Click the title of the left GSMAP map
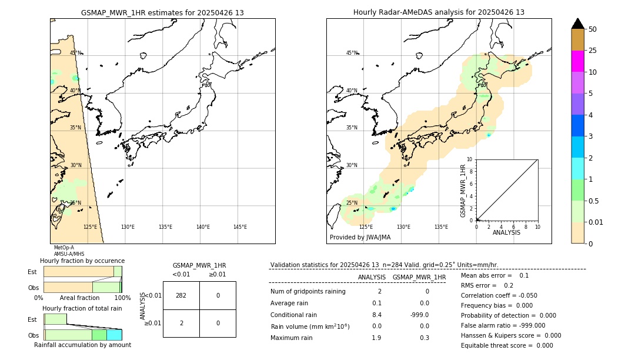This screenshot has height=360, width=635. (162, 12)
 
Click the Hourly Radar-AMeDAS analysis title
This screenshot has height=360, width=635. (439, 12)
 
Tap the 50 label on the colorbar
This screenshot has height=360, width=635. (593, 29)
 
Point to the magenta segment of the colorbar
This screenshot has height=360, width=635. (577, 61)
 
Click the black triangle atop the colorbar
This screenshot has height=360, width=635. (577, 24)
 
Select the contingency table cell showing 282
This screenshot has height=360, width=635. (181, 295)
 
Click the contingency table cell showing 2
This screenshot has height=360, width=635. (181, 323)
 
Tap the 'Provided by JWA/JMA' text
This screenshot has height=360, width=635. (360, 238)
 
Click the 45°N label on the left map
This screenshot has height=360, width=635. (76, 53)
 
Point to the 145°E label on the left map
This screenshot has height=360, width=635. (240, 227)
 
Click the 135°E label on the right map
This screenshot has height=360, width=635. (441, 227)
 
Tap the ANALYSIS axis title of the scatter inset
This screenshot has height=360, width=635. (506, 232)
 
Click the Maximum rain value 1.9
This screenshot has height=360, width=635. (376, 338)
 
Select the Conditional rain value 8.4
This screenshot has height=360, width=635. (376, 315)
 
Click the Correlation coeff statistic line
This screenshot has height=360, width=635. (499, 295)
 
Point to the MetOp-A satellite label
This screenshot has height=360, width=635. (63, 248)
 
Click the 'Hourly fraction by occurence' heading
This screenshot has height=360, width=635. (82, 261)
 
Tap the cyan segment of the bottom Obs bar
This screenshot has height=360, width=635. (114, 335)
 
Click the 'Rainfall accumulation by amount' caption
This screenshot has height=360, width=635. (82, 345)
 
